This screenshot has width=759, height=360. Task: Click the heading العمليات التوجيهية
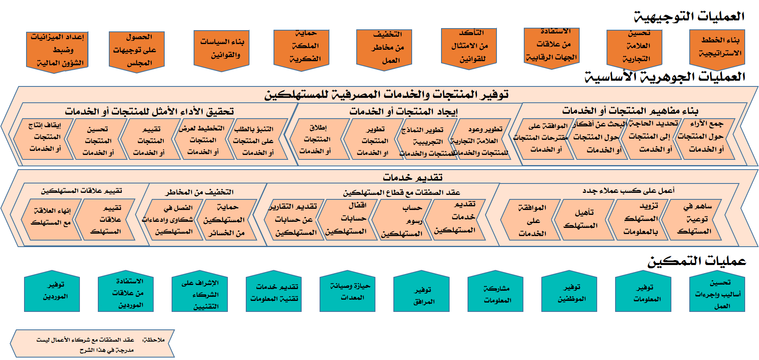[689, 17]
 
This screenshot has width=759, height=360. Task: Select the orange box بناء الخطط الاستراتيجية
[717, 46]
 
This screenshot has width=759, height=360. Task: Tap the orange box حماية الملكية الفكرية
[301, 47]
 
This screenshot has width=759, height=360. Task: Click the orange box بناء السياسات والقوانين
[221, 48]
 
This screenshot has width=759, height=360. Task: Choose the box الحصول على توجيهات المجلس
[137, 50]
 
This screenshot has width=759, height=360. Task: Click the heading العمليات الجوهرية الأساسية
[665, 77]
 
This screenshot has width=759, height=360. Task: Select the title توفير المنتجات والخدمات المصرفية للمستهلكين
[386, 95]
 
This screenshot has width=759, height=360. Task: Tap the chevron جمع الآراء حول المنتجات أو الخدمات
[706, 137]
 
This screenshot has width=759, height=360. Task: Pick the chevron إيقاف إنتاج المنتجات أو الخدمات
[44, 137]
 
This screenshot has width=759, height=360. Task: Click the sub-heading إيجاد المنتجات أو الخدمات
[403, 111]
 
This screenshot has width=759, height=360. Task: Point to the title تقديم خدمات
[412, 177]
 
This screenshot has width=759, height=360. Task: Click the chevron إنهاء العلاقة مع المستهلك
[51, 217]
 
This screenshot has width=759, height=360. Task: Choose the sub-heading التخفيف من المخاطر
[199, 192]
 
